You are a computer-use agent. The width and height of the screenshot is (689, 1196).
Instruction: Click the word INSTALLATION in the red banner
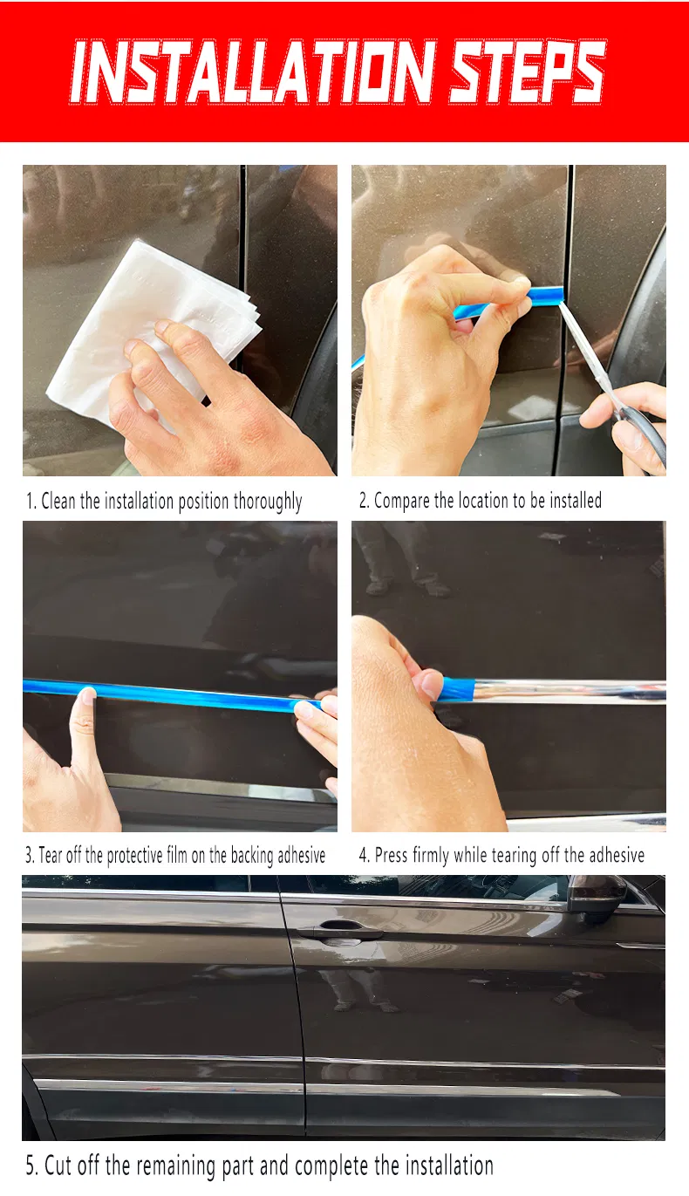(x=253, y=71)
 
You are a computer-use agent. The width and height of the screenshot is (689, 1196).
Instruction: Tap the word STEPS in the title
(x=529, y=71)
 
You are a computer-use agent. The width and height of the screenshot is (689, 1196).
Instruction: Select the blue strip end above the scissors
(x=545, y=295)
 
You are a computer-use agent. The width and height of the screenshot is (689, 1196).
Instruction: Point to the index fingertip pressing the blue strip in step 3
(x=87, y=694)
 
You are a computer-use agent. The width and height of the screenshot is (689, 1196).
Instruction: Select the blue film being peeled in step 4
(x=457, y=689)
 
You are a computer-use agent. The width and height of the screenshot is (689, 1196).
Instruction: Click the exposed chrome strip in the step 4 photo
(x=570, y=690)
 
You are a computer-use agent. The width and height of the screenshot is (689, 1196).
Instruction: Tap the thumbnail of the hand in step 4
(x=431, y=684)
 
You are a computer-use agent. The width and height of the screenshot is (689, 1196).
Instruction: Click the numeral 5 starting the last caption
(x=31, y=1165)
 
